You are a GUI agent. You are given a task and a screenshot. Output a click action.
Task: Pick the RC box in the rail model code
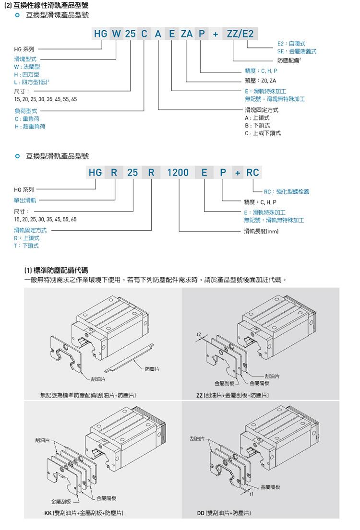coord(252,172)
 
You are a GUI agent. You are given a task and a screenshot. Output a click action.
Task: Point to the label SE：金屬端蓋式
coord(297,51)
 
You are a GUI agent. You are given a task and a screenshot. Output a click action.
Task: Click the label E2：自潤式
coord(291,43)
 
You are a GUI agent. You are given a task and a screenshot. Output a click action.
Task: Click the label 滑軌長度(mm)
coord(261,231)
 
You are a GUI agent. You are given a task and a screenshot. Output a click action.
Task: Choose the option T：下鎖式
coord(26,246)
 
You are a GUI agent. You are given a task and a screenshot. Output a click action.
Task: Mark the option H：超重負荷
coord(30,126)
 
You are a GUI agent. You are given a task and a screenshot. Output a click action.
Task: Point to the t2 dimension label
coord(199,334)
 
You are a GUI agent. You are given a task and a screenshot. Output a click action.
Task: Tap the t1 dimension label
coord(251,494)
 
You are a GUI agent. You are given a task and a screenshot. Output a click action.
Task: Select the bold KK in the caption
coord(48,513)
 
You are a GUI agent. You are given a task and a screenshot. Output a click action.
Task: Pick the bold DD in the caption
coord(201,513)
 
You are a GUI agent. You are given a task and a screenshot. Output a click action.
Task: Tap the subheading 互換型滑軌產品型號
coord(58,156)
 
